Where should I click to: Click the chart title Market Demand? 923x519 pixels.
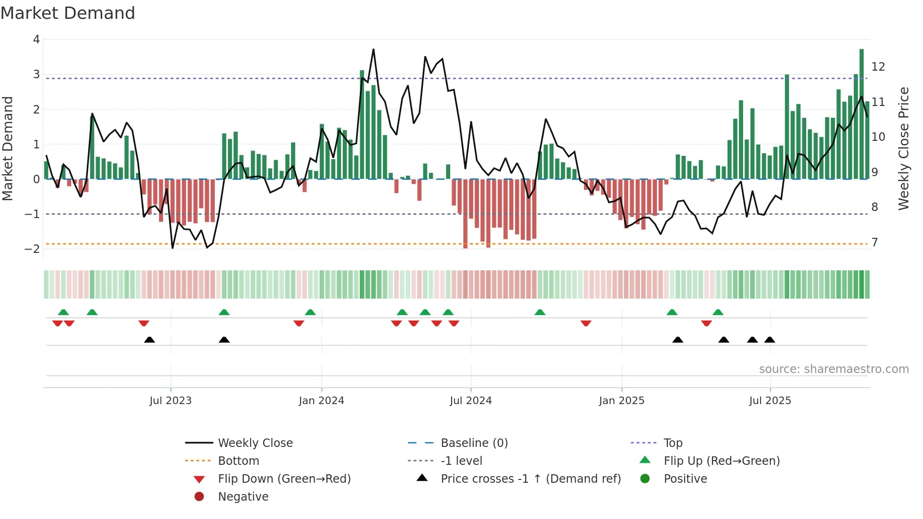pos(68,13)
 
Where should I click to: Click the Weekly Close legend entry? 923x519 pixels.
pos(255,443)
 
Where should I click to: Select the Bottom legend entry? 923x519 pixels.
pos(238,461)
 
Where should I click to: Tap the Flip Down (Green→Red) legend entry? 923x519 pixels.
pos(284,479)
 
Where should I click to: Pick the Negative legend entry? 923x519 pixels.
pos(243,497)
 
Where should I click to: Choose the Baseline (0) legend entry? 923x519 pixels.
pos(474,443)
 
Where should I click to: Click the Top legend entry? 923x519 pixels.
pos(672,443)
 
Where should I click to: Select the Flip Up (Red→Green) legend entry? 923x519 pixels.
pos(721,461)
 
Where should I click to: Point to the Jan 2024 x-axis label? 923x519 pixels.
pos(321,401)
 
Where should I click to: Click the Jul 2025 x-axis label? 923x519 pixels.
pos(770,401)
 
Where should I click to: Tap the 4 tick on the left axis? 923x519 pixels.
pos(37,40)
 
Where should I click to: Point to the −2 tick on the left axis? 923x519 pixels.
pos(33,249)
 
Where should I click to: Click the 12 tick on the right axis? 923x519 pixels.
pos(878,67)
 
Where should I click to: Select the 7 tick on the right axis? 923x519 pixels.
pos(874,243)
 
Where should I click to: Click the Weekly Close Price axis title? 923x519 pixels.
pos(903,148)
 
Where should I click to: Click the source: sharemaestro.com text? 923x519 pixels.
pos(834,369)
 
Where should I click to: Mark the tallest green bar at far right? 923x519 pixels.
pos(861,113)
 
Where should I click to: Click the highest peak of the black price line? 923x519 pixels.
pos(373,49)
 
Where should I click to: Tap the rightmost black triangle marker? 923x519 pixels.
pos(769,340)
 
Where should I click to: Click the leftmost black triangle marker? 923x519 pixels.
pos(149,340)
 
